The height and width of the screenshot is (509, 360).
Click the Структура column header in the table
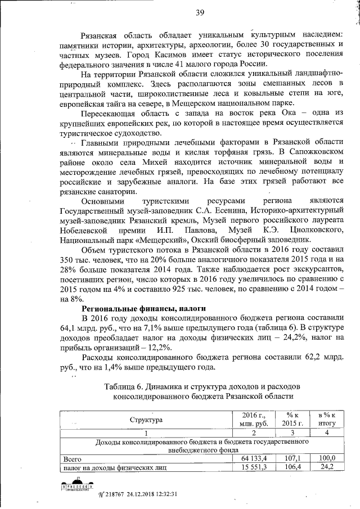pos(146,420)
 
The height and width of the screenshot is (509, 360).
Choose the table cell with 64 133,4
pos(251,458)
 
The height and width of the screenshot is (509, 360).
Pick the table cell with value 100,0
pos(323,458)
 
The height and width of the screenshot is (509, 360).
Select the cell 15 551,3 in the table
pos(251,467)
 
